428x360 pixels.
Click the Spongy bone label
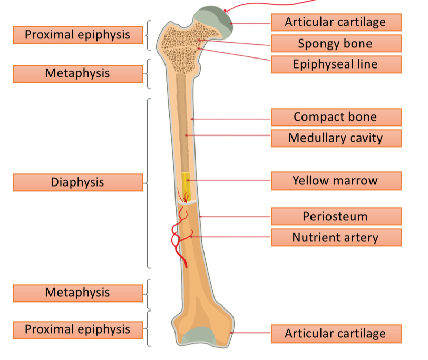click(x=336, y=43)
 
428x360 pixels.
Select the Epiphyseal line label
click(x=336, y=64)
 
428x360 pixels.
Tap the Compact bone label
click(x=336, y=117)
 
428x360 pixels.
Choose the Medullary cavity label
click(x=336, y=138)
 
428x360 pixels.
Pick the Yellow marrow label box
click(x=336, y=181)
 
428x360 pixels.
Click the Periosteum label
click(x=336, y=216)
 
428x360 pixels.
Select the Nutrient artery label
click(x=336, y=237)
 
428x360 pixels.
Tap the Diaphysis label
click(x=77, y=182)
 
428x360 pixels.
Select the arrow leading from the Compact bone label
click(x=232, y=119)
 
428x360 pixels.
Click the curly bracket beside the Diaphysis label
click(x=148, y=182)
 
